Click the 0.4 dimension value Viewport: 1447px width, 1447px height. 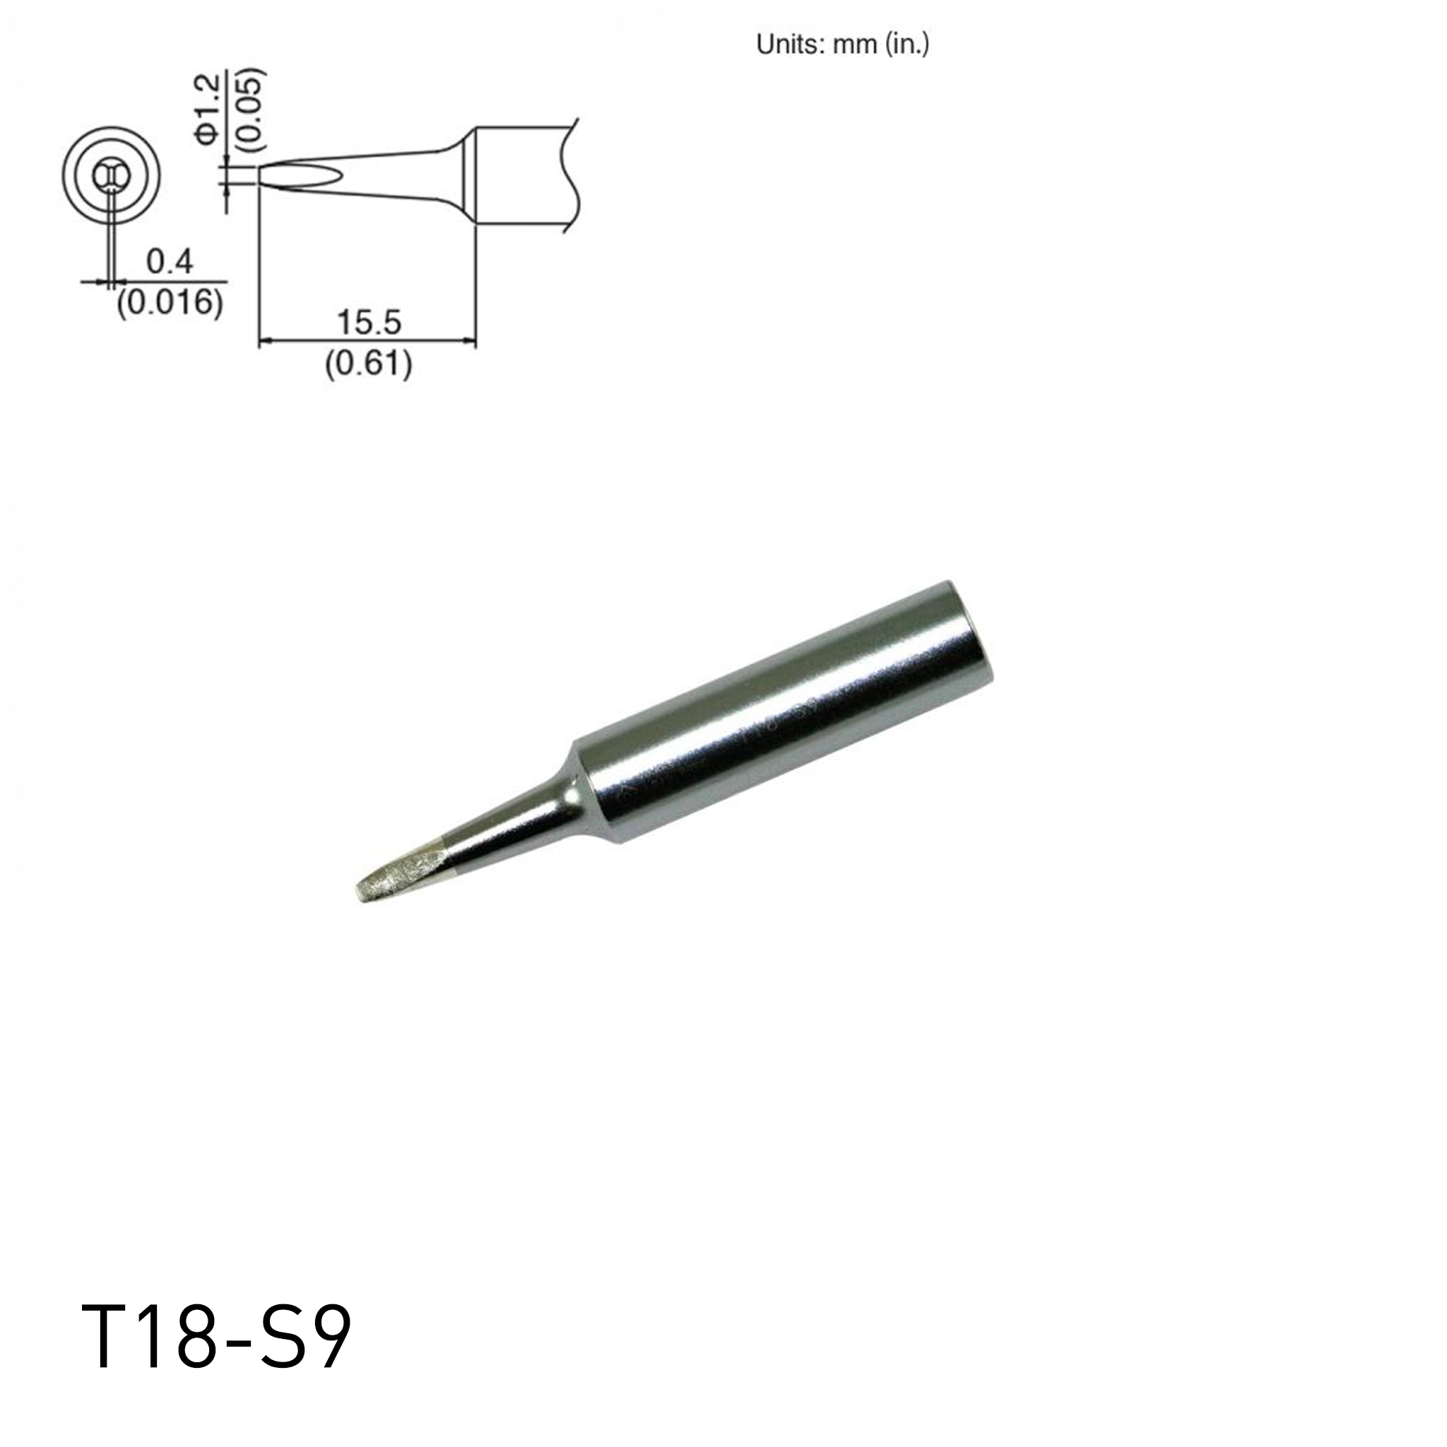170,262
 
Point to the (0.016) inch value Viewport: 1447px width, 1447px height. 170,302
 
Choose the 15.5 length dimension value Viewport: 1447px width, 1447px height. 369,322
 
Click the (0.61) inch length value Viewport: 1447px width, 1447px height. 369,364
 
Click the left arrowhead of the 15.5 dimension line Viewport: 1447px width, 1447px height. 264,342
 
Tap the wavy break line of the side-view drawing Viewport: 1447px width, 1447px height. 573,175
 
